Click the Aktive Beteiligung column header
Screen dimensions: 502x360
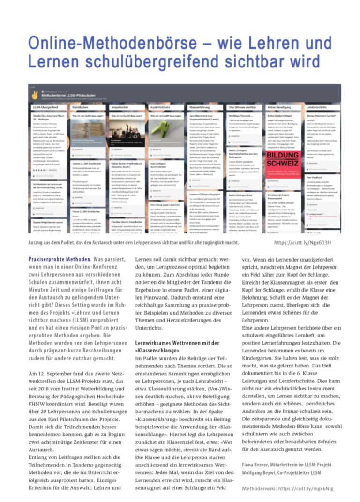pyautogui.click(x=279, y=107)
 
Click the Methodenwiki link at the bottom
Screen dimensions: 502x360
pyautogui.click(x=288, y=488)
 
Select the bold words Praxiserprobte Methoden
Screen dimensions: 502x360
pyautogui.click(x=59, y=259)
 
